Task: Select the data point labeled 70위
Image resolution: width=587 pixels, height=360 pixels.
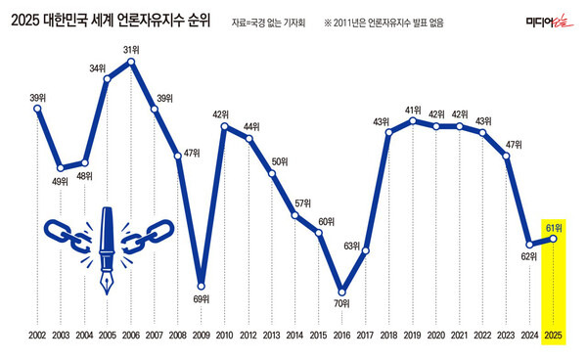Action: point(341,291)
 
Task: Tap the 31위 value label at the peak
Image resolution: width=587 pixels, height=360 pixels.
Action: point(131,50)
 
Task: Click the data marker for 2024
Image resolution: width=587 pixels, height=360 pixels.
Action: point(529,244)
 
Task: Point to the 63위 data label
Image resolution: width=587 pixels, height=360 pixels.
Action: point(352,247)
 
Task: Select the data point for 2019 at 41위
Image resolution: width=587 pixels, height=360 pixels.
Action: point(412,121)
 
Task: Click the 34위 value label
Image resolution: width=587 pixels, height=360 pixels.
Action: point(98,68)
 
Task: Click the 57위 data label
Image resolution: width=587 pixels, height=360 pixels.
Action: point(303,202)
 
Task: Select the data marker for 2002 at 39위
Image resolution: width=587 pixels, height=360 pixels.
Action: point(37,109)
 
